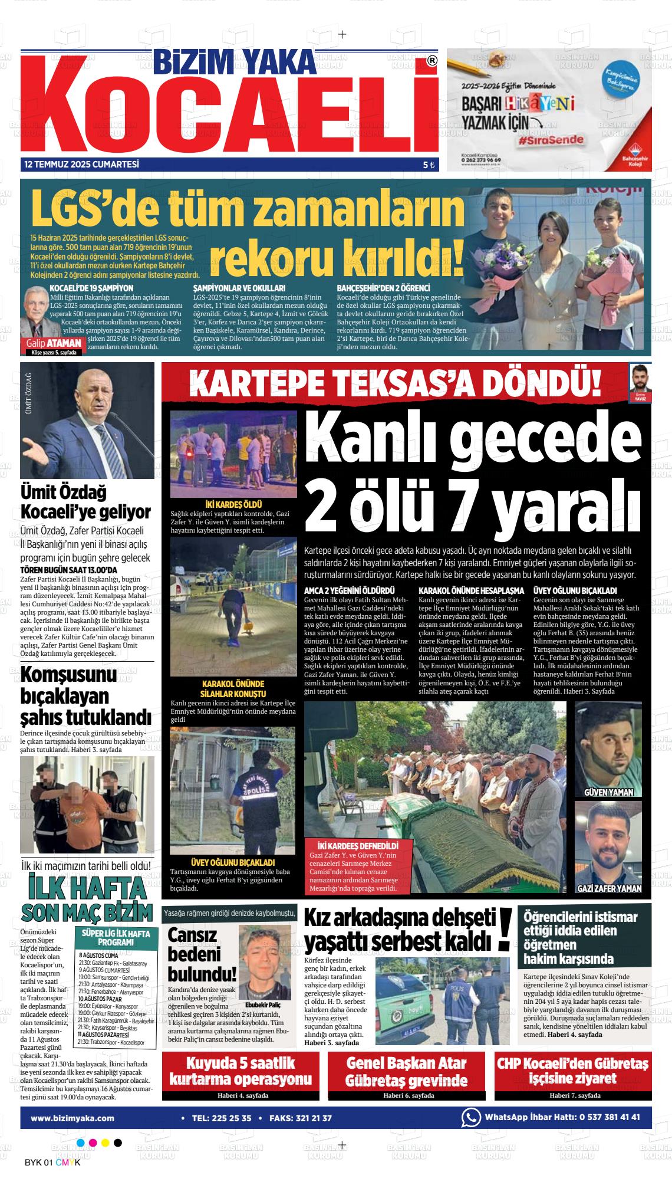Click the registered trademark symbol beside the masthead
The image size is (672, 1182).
[432, 61]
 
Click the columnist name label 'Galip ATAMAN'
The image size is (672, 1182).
[53, 343]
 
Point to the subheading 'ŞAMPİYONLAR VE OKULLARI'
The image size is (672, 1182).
[239, 288]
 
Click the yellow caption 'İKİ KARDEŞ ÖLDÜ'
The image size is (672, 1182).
[233, 504]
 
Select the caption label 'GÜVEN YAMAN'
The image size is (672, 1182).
[608, 792]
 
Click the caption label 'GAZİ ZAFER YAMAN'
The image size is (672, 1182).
[609, 888]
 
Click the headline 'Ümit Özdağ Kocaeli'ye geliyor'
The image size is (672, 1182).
[85, 501]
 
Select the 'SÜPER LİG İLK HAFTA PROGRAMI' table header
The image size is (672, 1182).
[116, 938]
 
